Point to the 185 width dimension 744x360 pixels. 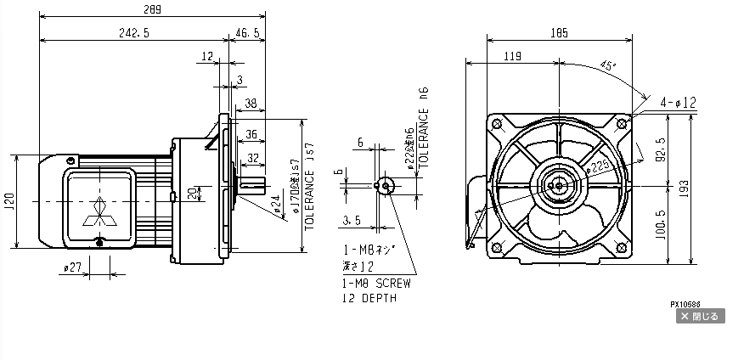click(558, 33)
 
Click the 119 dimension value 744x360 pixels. click(512, 57)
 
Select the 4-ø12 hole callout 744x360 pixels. click(679, 103)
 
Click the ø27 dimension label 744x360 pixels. click(72, 268)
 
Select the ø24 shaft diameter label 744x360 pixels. click(276, 205)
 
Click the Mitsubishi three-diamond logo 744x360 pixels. click(99, 212)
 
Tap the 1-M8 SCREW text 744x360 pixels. click(376, 283)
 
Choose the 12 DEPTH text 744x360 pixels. click(369, 299)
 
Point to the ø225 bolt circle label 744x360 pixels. click(600, 168)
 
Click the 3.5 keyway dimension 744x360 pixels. click(352, 220)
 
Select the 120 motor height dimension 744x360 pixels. click(8, 200)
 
